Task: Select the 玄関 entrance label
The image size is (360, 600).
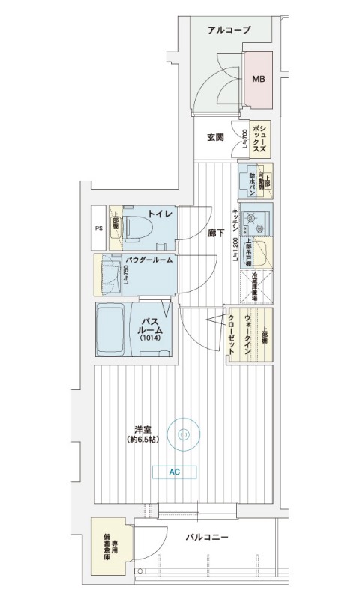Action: (215, 138)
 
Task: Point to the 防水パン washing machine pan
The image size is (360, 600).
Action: (248, 182)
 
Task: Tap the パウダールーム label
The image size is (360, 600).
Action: (149, 259)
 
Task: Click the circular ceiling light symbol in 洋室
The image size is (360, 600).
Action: (184, 432)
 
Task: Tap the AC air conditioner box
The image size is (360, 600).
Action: (175, 472)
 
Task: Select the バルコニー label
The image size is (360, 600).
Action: (207, 537)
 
